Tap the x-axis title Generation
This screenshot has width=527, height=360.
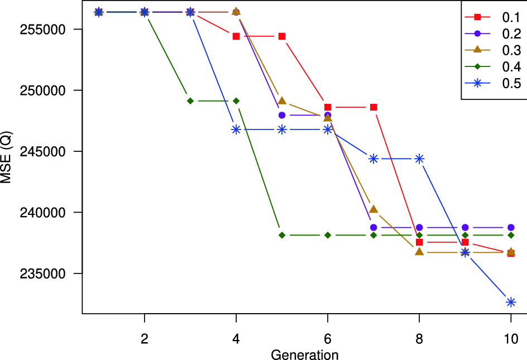[305, 354]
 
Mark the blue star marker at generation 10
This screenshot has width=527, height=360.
[510, 302]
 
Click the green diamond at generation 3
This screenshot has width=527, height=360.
[190, 101]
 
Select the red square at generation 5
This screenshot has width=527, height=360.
[282, 36]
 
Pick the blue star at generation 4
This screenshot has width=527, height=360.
[236, 129]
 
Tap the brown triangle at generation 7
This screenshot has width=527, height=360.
[373, 209]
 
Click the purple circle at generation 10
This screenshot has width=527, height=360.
[510, 228]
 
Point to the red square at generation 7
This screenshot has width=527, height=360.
[373, 107]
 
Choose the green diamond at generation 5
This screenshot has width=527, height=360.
[282, 235]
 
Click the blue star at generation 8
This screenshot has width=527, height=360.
[419, 159]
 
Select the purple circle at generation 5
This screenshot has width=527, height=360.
[282, 116]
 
